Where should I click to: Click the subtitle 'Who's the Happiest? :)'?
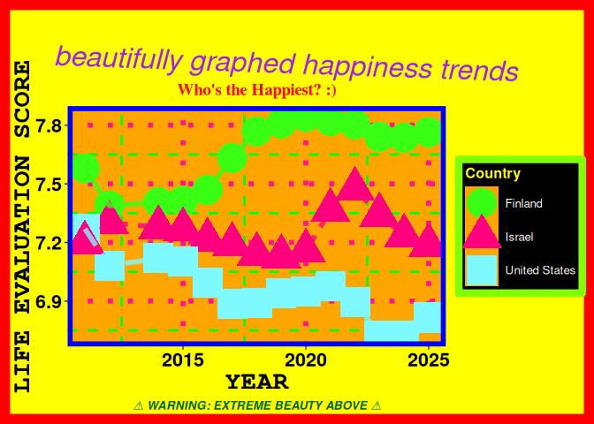256,90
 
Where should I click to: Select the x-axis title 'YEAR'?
256,382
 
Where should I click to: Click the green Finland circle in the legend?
482,203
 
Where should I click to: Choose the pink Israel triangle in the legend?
482,235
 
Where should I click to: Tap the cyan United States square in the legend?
482,270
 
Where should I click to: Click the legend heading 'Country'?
492,174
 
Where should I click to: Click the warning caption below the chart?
256,405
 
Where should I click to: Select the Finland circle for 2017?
232,157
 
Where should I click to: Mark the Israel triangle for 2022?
355,185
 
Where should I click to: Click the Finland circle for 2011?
85,168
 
